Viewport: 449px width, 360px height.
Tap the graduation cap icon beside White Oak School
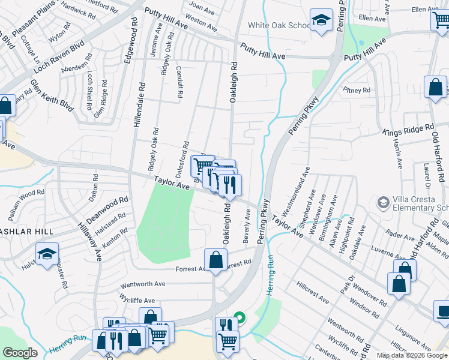(322, 21)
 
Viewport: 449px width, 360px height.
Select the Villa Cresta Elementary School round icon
(382, 203)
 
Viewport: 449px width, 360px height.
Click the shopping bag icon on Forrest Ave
(215, 260)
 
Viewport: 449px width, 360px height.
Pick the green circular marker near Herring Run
(239, 317)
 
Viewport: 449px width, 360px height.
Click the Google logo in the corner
(20, 353)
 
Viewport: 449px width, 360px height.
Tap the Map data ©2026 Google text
(412, 355)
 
